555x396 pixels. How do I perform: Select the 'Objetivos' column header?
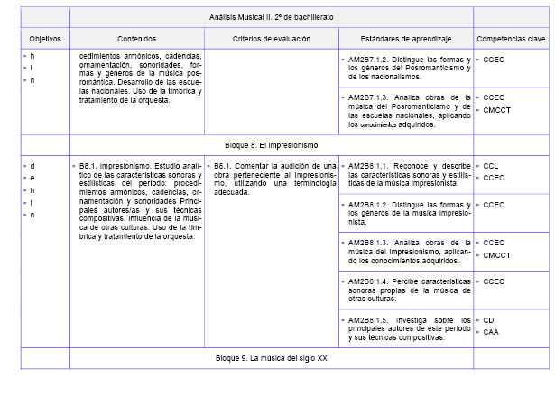click(44, 40)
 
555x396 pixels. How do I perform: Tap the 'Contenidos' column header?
click(136, 40)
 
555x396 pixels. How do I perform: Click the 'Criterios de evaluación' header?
click(272, 40)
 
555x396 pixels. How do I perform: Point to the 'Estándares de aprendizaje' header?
click(406, 40)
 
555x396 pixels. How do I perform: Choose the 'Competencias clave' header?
click(511, 40)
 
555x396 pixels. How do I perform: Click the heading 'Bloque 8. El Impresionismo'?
click(271, 144)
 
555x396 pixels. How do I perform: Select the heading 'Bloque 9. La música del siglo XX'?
click(272, 358)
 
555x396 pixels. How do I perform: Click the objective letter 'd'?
click(32, 167)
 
